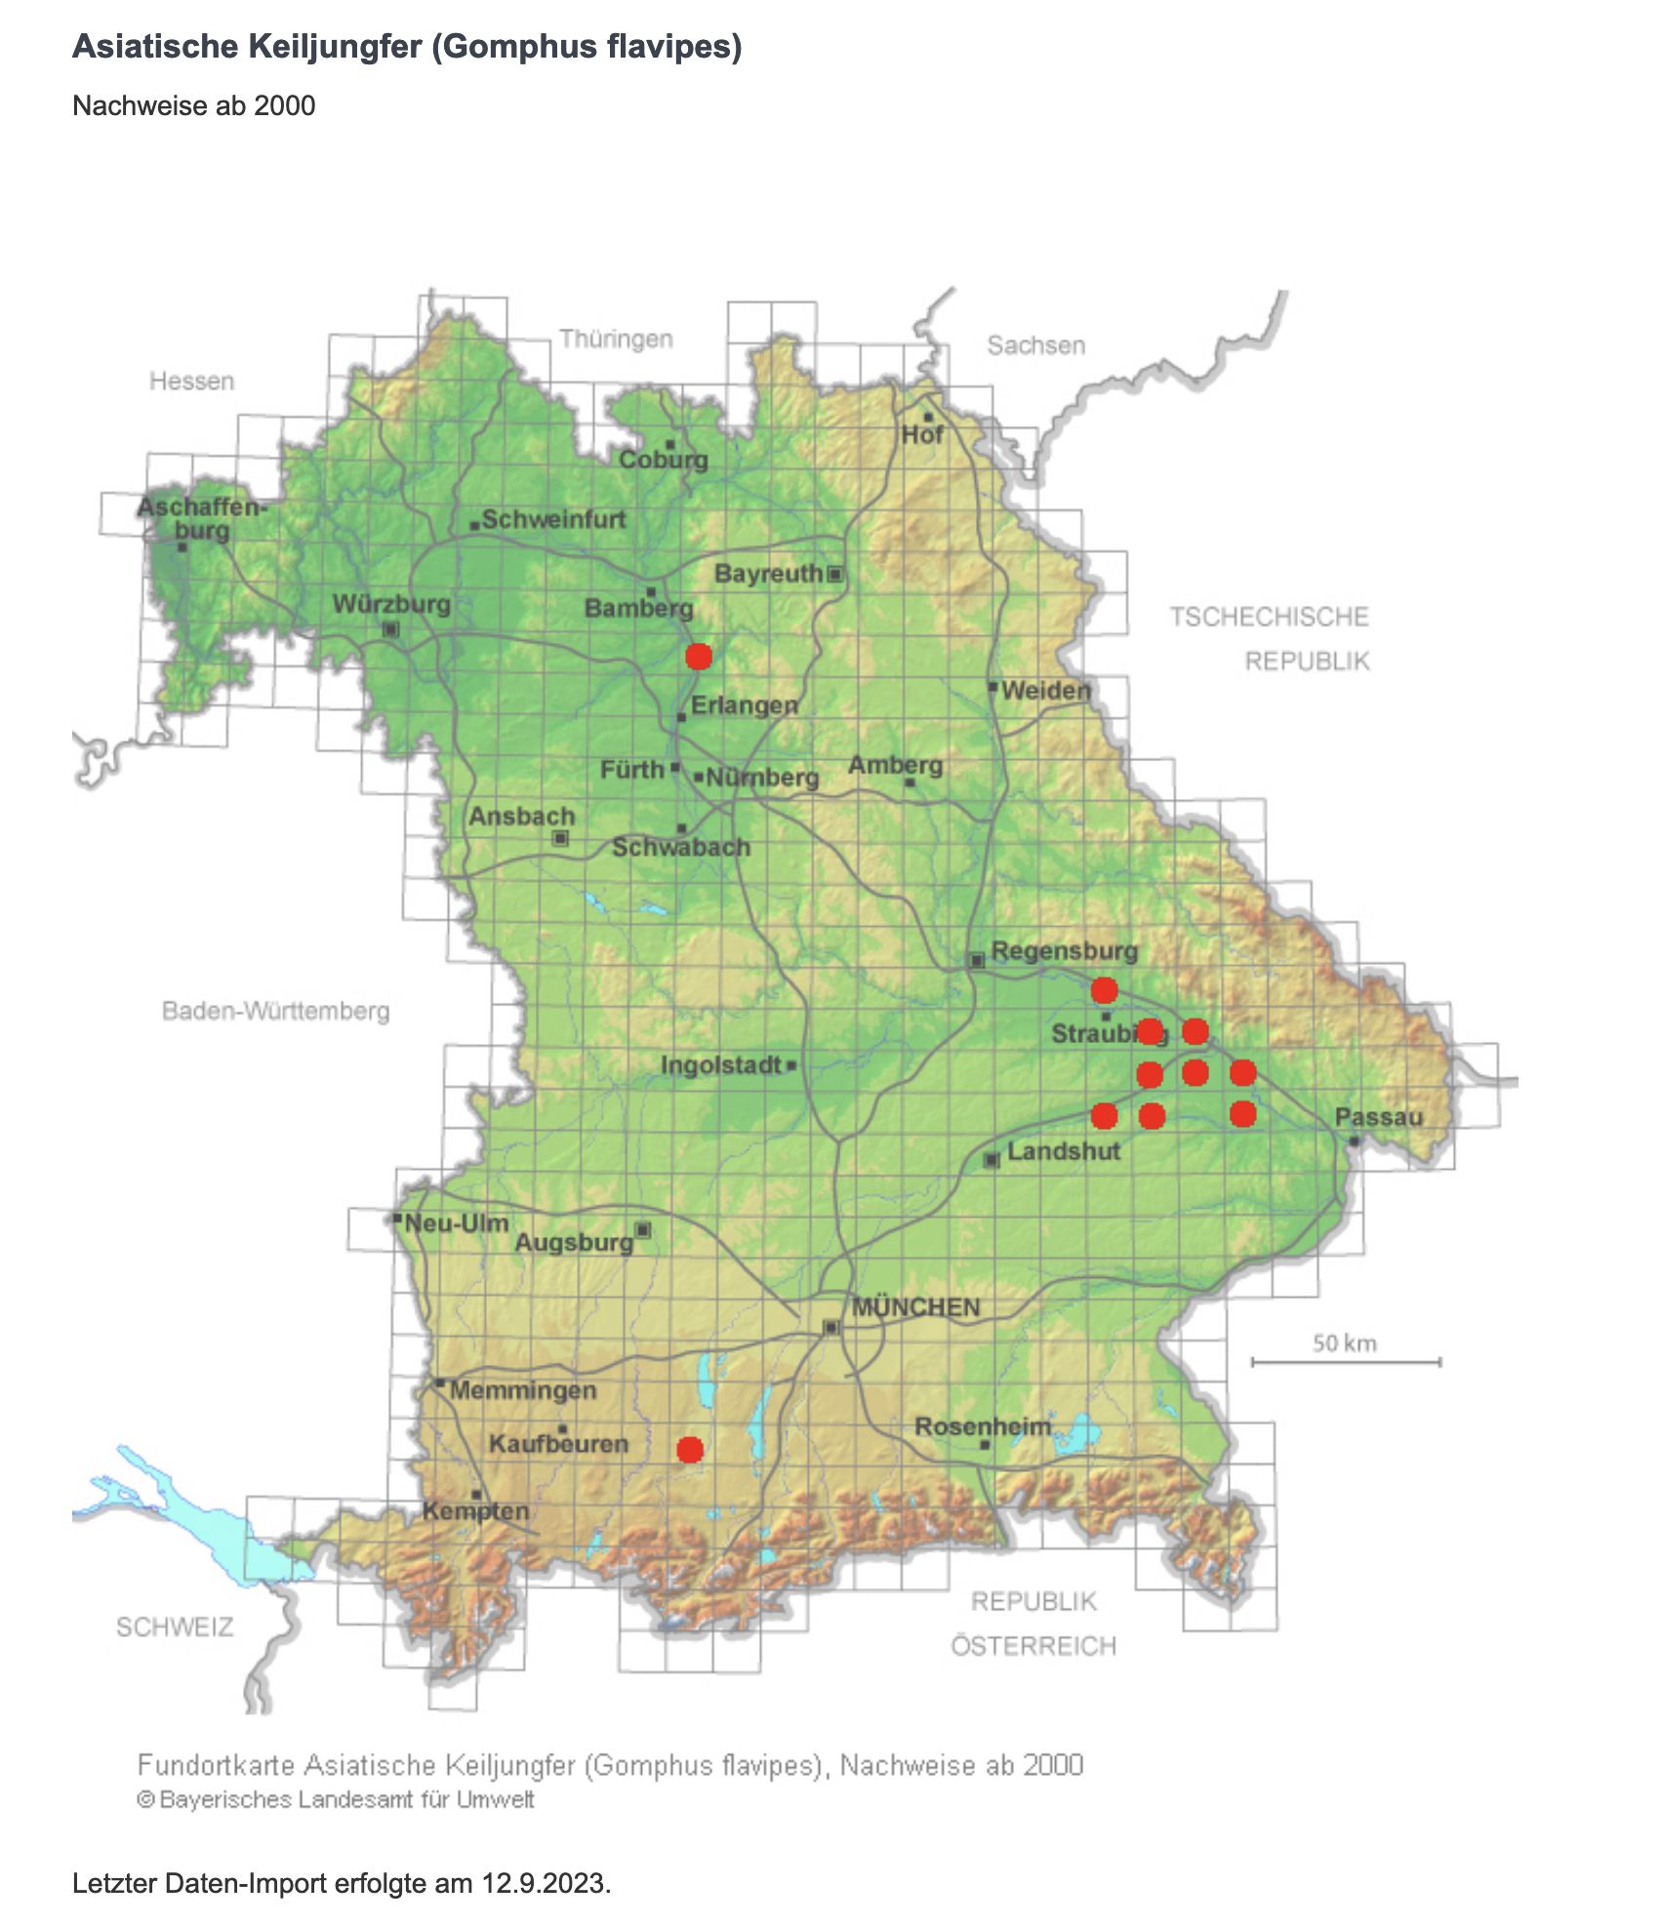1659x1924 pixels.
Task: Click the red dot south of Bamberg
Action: tap(698, 656)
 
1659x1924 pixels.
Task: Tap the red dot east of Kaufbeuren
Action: tap(690, 1450)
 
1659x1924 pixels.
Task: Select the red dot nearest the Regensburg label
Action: tap(1104, 990)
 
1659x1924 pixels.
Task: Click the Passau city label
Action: tap(1378, 1117)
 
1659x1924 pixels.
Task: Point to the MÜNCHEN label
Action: tap(915, 1307)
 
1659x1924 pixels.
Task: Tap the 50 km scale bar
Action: tap(1346, 1361)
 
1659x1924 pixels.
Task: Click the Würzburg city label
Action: tap(391, 604)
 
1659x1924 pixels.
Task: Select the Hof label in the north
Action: tap(922, 435)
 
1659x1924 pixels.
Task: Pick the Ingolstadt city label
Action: tap(721, 1064)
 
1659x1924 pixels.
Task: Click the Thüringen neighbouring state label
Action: tap(616, 339)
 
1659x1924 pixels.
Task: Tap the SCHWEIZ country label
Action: tap(175, 1626)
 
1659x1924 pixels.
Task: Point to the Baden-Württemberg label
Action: tap(275, 1011)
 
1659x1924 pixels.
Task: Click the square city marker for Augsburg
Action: tap(643, 1229)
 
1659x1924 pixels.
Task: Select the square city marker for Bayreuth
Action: tap(835, 574)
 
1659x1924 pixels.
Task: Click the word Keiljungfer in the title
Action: tap(339, 46)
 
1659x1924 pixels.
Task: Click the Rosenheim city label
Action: tap(983, 1426)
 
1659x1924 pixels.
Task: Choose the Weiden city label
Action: tap(1045, 691)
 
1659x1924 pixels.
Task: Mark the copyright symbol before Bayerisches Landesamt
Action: tap(145, 1799)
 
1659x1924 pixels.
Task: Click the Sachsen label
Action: tap(1035, 345)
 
